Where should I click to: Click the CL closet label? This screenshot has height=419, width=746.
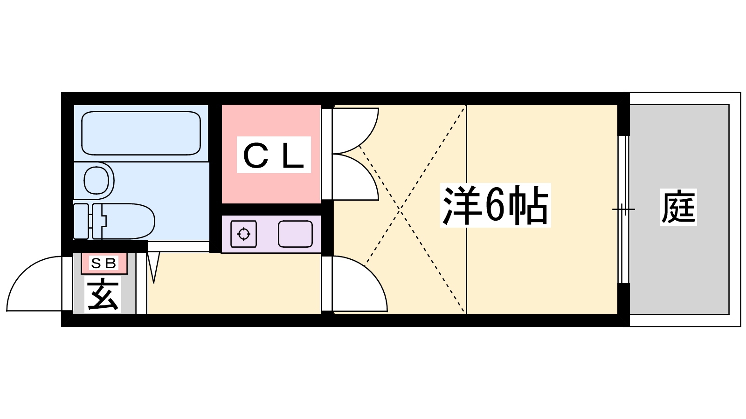(274, 155)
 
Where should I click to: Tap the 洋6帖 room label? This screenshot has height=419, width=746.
(495, 205)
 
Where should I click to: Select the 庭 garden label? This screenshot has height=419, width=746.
(678, 207)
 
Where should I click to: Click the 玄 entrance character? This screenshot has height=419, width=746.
(103, 295)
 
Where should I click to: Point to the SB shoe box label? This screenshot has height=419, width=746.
(104, 264)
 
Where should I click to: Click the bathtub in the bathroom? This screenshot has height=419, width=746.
(141, 133)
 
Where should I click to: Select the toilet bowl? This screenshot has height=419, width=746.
(126, 221)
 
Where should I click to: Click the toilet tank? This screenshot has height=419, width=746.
(81, 221)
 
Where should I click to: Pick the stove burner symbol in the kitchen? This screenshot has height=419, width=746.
(244, 234)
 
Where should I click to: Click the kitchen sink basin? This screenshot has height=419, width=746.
(295, 234)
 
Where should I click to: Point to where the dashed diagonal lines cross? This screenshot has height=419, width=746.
(400, 210)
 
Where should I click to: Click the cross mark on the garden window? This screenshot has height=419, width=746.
(623, 209)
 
